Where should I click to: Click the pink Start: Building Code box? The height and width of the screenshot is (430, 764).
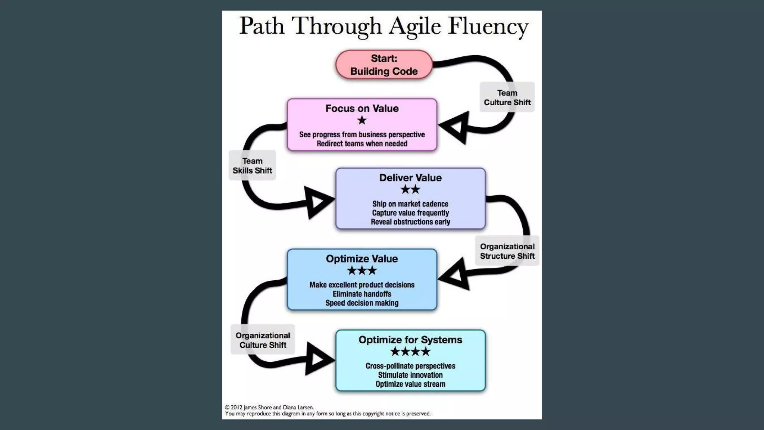click(x=384, y=65)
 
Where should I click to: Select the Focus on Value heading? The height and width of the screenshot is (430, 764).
click(x=362, y=109)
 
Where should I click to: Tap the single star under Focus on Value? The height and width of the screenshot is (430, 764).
click(x=362, y=120)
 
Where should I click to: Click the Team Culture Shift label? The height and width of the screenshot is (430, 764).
click(x=507, y=97)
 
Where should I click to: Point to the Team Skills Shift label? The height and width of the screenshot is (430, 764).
click(x=252, y=166)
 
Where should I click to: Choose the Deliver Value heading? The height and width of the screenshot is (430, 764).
click(x=410, y=178)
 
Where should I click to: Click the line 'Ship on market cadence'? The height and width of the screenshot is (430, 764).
click(x=410, y=204)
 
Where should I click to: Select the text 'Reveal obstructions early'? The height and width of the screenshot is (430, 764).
click(x=410, y=222)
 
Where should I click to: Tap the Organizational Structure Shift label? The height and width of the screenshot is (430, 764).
click(x=507, y=251)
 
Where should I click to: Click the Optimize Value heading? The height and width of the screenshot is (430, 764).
click(x=362, y=259)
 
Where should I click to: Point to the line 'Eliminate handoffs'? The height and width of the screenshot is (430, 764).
click(x=362, y=294)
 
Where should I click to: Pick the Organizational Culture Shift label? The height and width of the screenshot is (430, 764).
click(x=263, y=340)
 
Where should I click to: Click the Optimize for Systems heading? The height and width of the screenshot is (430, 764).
click(x=410, y=340)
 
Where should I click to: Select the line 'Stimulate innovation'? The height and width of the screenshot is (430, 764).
click(x=410, y=375)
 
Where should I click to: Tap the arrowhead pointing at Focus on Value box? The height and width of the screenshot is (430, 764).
click(x=455, y=128)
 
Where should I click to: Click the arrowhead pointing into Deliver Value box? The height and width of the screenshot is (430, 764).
click(x=317, y=202)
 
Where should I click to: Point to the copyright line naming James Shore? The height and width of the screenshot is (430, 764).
click(x=269, y=407)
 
